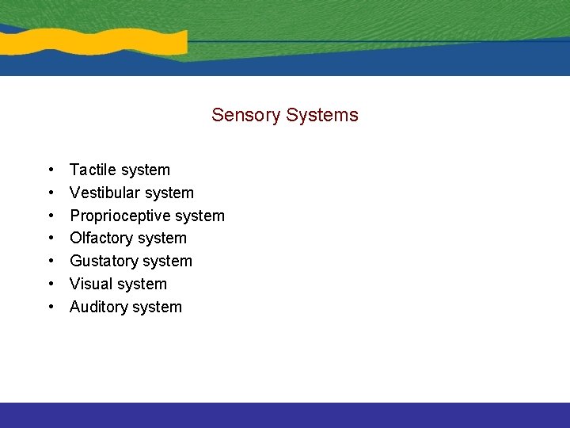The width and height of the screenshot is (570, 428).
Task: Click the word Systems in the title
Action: coord(322,116)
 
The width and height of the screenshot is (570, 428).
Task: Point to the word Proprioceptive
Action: coord(120,216)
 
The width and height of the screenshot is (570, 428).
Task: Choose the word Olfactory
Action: coord(102,238)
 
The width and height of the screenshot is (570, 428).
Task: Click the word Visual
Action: coord(91,284)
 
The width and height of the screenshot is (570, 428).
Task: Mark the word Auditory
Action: coord(98,307)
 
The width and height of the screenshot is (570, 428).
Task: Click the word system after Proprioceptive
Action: coord(199,216)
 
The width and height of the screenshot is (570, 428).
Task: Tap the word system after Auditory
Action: coord(156,308)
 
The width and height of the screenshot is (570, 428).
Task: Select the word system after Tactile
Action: coord(144,170)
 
